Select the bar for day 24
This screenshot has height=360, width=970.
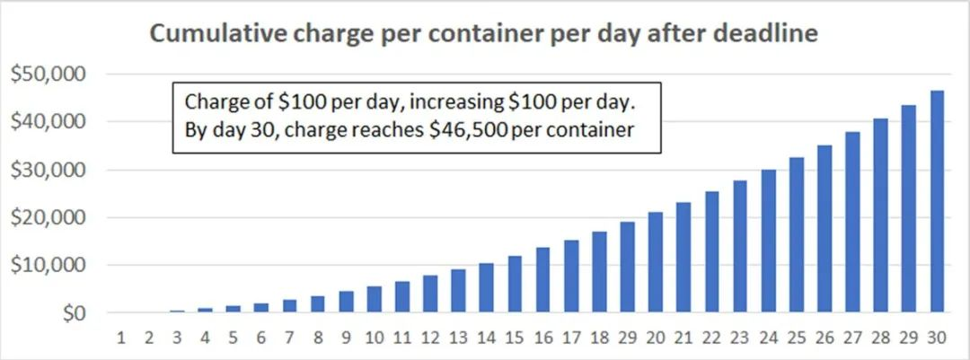click(768, 241)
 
